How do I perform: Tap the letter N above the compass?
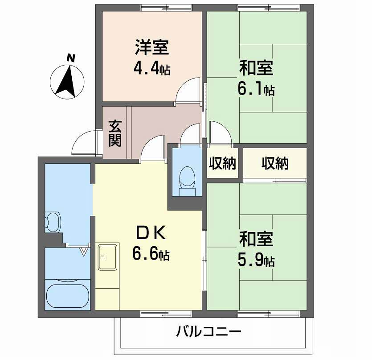coord(69,57)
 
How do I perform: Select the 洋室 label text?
coord(152,46)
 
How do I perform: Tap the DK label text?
coord(150,234)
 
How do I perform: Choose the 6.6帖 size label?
coord(151,255)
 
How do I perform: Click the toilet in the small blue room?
coord(184,177)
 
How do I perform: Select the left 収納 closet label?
coord(221,163)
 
